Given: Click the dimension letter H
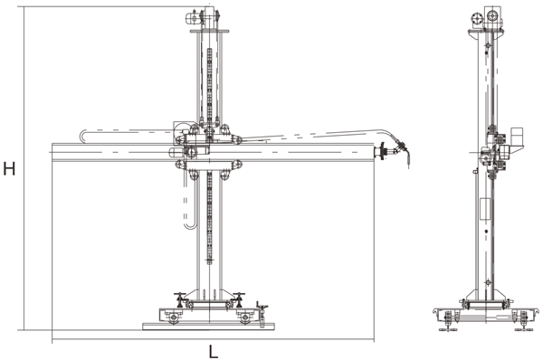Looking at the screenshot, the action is point(9,169).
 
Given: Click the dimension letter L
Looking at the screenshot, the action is point(214,352).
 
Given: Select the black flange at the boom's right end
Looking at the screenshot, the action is point(382,151).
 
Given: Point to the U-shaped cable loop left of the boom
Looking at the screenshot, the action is point(81,136).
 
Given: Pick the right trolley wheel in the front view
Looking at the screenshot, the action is point(245,317).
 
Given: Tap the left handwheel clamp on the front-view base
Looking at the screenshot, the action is point(180,299).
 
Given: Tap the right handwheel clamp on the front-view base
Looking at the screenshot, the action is point(239,299).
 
